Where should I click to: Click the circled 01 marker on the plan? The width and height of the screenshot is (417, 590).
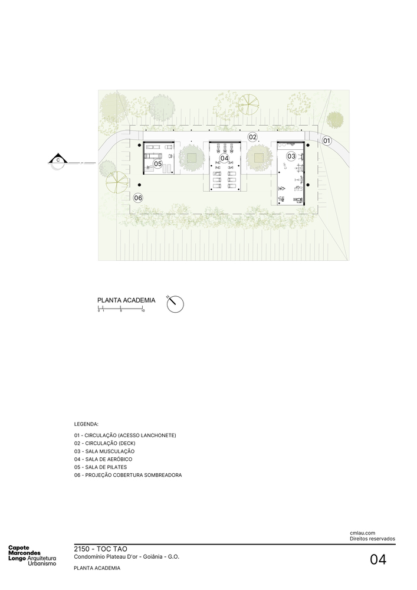click(x=327, y=140)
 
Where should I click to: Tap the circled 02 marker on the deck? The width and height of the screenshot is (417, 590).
click(x=252, y=137)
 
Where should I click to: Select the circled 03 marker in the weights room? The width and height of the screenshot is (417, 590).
click(x=291, y=156)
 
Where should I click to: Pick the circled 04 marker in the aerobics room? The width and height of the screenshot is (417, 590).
click(x=224, y=158)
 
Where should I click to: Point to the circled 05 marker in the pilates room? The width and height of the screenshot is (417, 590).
click(x=158, y=163)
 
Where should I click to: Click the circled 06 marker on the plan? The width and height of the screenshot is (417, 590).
click(x=138, y=198)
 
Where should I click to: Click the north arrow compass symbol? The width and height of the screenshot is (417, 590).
click(x=175, y=304)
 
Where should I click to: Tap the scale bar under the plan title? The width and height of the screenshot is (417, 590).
click(x=121, y=309)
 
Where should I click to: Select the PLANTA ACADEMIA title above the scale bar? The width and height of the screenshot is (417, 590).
click(x=126, y=300)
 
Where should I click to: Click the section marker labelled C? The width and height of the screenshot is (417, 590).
click(x=58, y=160)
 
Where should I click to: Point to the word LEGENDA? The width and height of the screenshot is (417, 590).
click(x=86, y=424)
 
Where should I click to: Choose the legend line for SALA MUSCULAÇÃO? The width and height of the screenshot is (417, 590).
click(x=109, y=451)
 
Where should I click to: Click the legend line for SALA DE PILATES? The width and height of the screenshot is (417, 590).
click(x=104, y=467)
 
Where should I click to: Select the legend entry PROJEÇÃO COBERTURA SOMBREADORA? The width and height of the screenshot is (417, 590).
click(x=128, y=475)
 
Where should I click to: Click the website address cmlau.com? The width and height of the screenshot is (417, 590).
click(x=362, y=533)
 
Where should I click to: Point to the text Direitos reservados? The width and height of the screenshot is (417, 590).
click(x=372, y=539)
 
